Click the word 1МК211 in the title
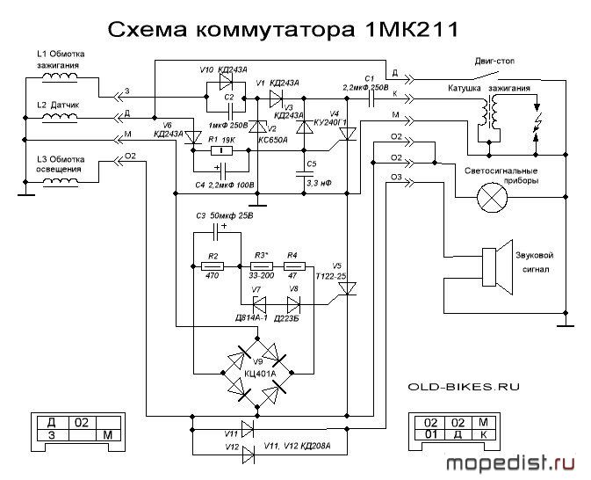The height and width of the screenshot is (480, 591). [412, 29]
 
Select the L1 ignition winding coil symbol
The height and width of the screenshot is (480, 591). [60, 77]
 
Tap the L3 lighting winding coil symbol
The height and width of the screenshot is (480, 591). [60, 182]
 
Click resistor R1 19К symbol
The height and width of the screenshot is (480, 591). [221, 151]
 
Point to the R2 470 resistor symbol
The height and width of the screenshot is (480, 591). [213, 266]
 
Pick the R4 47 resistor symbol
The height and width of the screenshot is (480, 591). [294, 266]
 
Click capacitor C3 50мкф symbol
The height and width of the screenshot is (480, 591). [217, 232]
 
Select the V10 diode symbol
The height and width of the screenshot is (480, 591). [226, 80]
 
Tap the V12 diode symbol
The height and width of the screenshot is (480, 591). [248, 454]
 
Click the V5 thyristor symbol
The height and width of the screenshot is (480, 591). [347, 289]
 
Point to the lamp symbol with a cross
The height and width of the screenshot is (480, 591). [493, 197]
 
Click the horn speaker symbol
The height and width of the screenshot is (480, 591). [498, 266]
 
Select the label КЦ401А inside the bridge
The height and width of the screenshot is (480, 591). [260, 374]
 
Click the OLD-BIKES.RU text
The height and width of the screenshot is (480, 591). [464, 387]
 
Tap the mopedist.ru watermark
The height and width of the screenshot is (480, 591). [511, 463]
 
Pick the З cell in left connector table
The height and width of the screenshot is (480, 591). [52, 435]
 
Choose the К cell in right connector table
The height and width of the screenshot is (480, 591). [483, 434]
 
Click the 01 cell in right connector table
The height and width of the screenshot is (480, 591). [430, 434]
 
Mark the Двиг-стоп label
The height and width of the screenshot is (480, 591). [494, 61]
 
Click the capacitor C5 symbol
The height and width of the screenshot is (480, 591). [305, 174]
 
